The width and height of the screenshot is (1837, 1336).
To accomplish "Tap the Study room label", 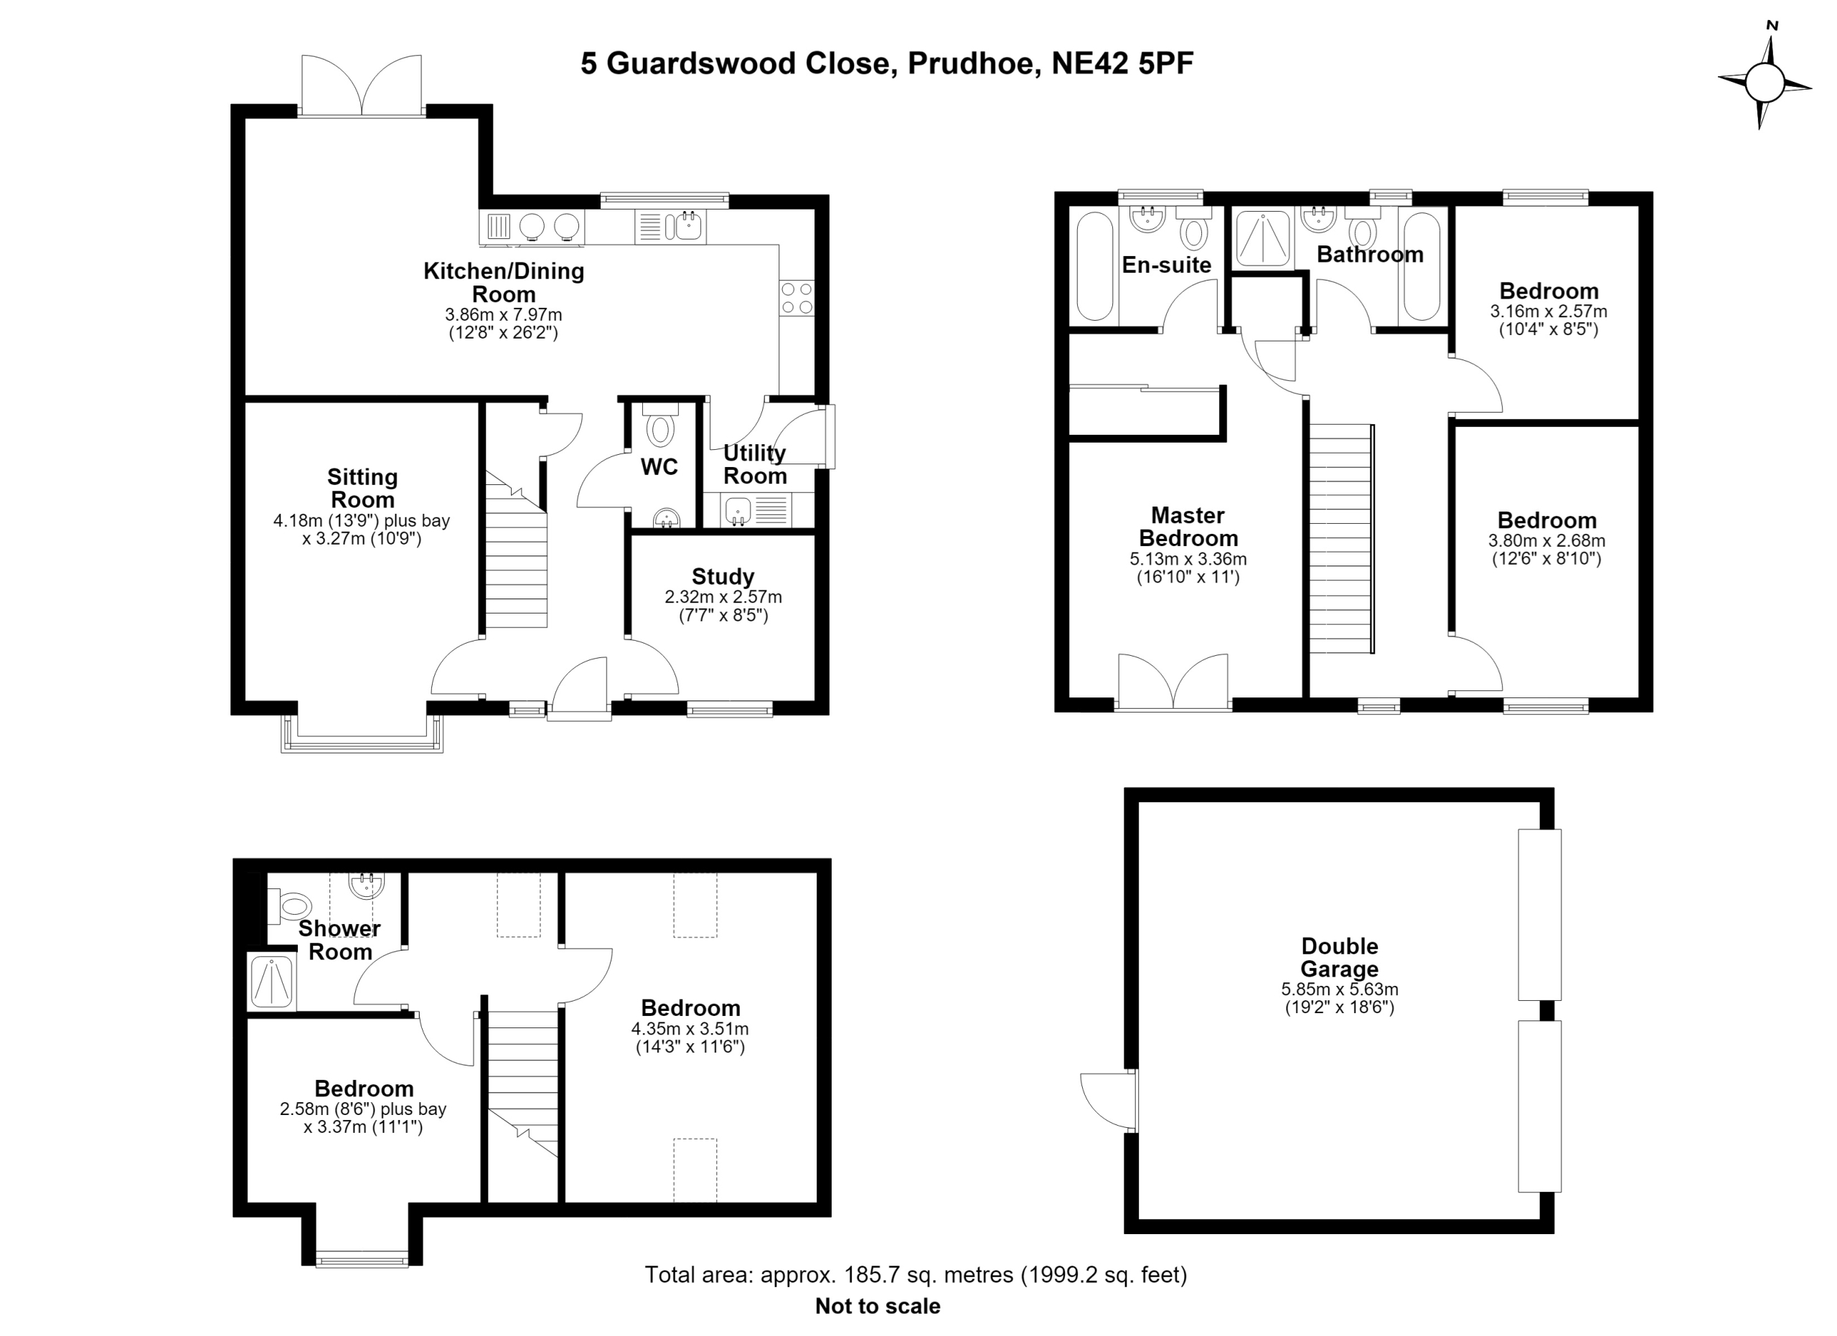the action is coord(723,576).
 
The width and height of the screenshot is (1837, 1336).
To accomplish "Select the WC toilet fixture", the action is coord(661,428).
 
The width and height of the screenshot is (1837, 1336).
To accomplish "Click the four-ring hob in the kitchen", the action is coord(797,298).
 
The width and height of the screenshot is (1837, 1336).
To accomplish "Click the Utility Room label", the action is coord(755,464).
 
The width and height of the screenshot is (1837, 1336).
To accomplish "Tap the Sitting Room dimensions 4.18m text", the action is coord(361,521).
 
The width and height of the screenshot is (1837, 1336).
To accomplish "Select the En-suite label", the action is coord(1166,265).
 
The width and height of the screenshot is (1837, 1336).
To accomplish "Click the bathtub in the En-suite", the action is coord(1095,266).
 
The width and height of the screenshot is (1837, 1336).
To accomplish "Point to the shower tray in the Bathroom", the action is coord(1263,238).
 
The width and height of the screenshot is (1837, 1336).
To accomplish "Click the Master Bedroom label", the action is coord(1188,527).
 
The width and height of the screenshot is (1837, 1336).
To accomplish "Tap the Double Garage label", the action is coord(1340,957).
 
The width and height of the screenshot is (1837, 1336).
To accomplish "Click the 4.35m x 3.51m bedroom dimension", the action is coord(690,1029).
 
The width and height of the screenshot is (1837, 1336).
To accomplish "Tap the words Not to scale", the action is coord(878,1306).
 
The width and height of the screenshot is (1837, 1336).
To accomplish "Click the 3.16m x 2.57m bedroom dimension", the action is coord(1549,311).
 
